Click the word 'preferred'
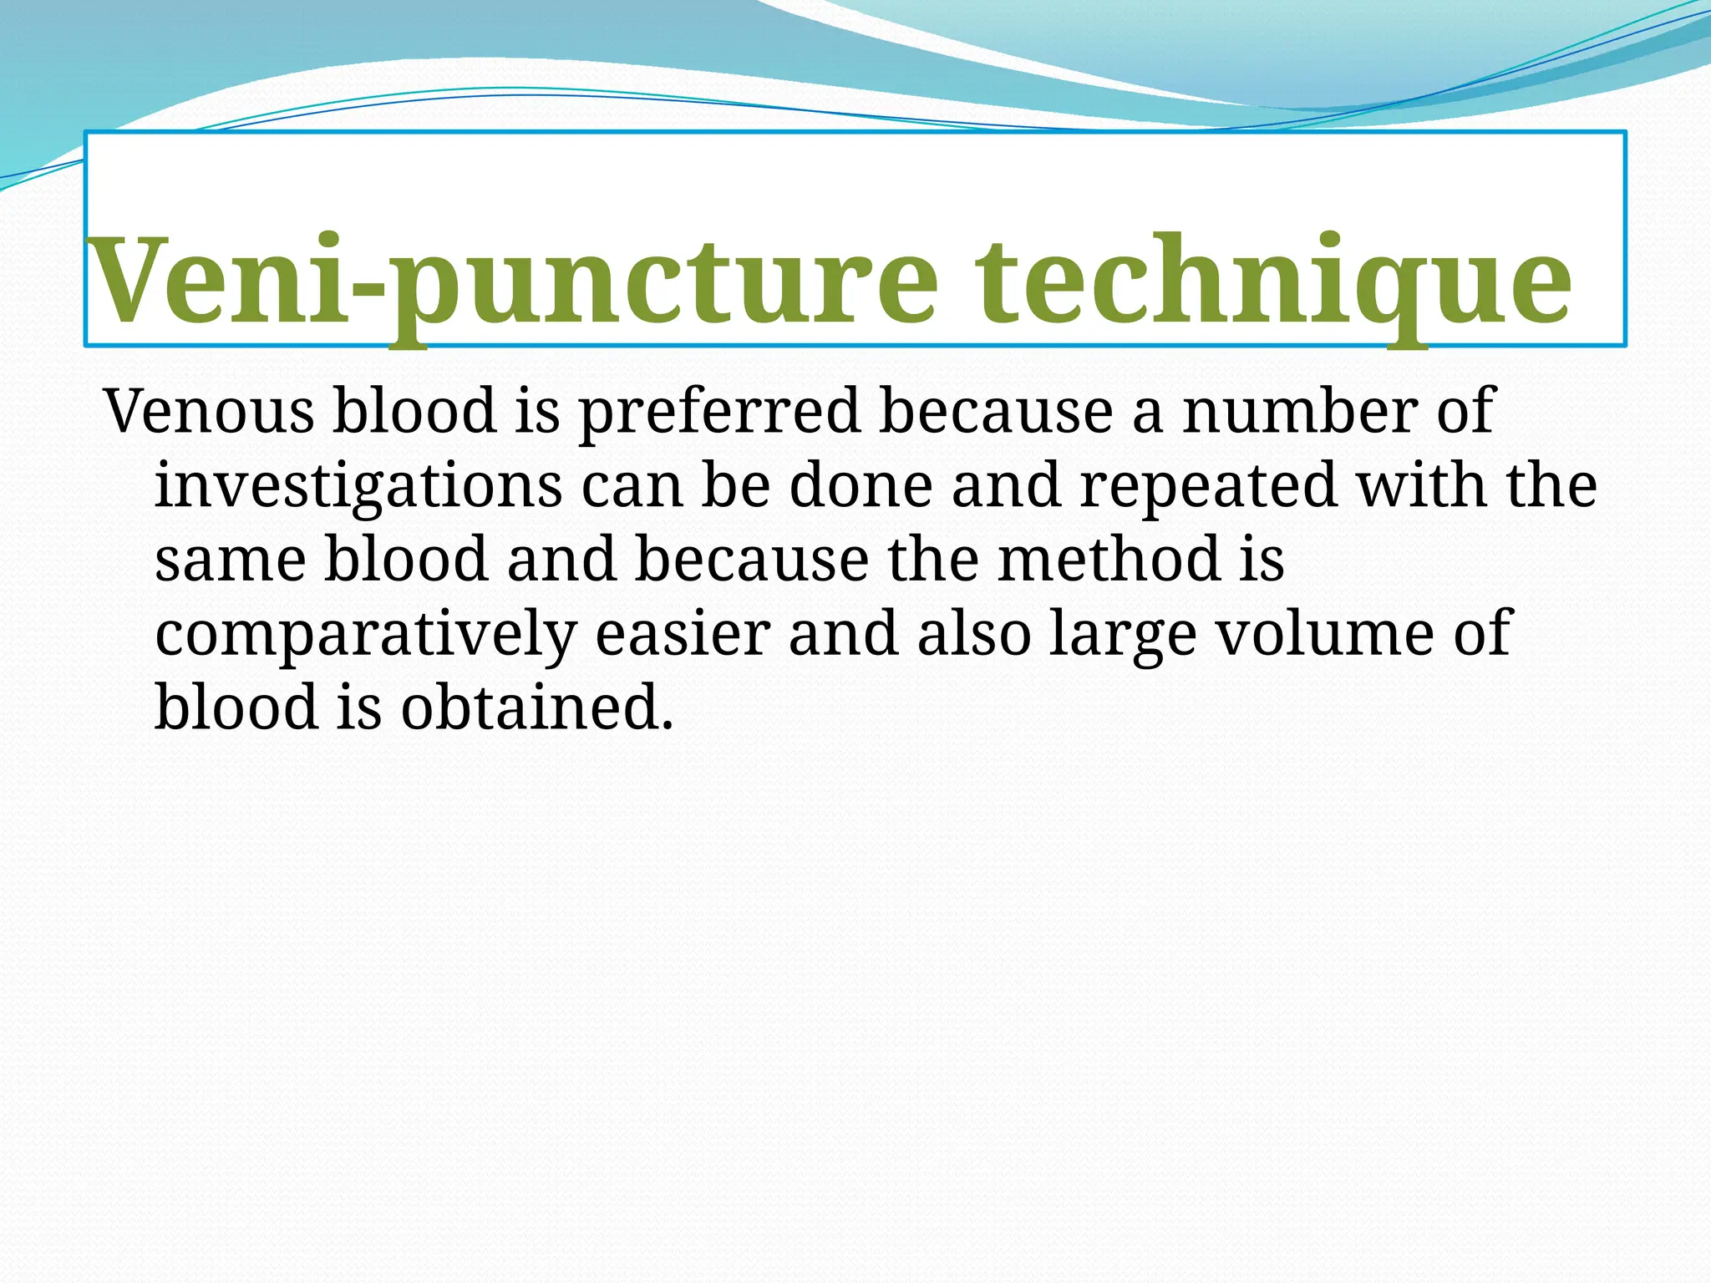tap(719, 413)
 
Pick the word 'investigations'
tap(358, 488)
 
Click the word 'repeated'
tap(1208, 488)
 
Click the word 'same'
tap(230, 560)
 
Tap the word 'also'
tap(973, 634)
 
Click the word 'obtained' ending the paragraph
tap(536, 707)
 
